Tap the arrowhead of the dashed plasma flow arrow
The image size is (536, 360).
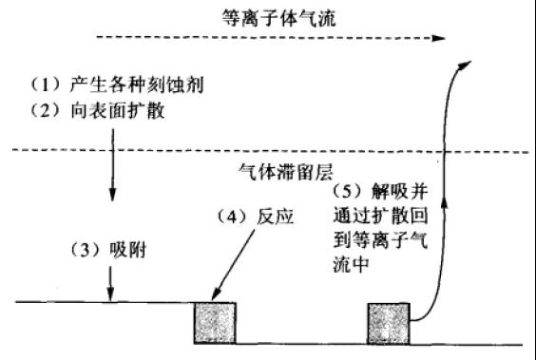(439, 39)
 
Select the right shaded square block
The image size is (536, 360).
(388, 322)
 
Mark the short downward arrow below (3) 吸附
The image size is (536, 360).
(111, 282)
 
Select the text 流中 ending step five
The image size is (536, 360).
(348, 269)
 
